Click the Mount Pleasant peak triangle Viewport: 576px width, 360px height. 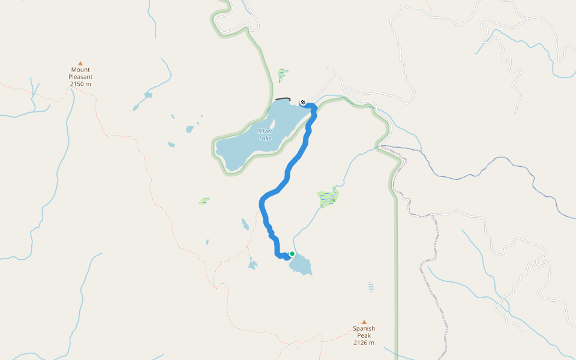[80, 62]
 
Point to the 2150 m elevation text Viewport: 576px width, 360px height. [80, 84]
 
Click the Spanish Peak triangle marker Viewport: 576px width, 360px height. [364, 322]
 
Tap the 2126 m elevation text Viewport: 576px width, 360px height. [364, 343]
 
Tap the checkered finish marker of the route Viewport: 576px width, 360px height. [303, 102]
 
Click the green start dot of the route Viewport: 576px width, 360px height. [292, 254]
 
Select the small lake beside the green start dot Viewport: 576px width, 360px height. [302, 265]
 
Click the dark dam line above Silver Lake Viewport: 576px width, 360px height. [283, 99]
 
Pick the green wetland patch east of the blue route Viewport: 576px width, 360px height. [328, 196]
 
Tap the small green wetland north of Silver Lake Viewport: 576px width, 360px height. [283, 74]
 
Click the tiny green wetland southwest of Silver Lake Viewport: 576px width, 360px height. [205, 200]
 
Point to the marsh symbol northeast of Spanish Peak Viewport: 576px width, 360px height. [371, 286]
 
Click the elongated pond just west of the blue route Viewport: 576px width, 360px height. [245, 224]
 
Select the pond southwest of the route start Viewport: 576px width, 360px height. [253, 263]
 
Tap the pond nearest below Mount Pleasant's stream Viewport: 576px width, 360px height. [148, 95]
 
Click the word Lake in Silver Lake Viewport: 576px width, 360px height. [265, 139]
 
